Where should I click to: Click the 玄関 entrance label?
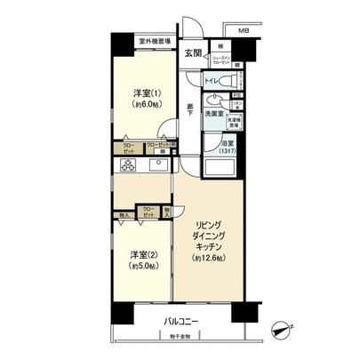192,52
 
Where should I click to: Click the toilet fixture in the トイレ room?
230,81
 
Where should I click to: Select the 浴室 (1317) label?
228,147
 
